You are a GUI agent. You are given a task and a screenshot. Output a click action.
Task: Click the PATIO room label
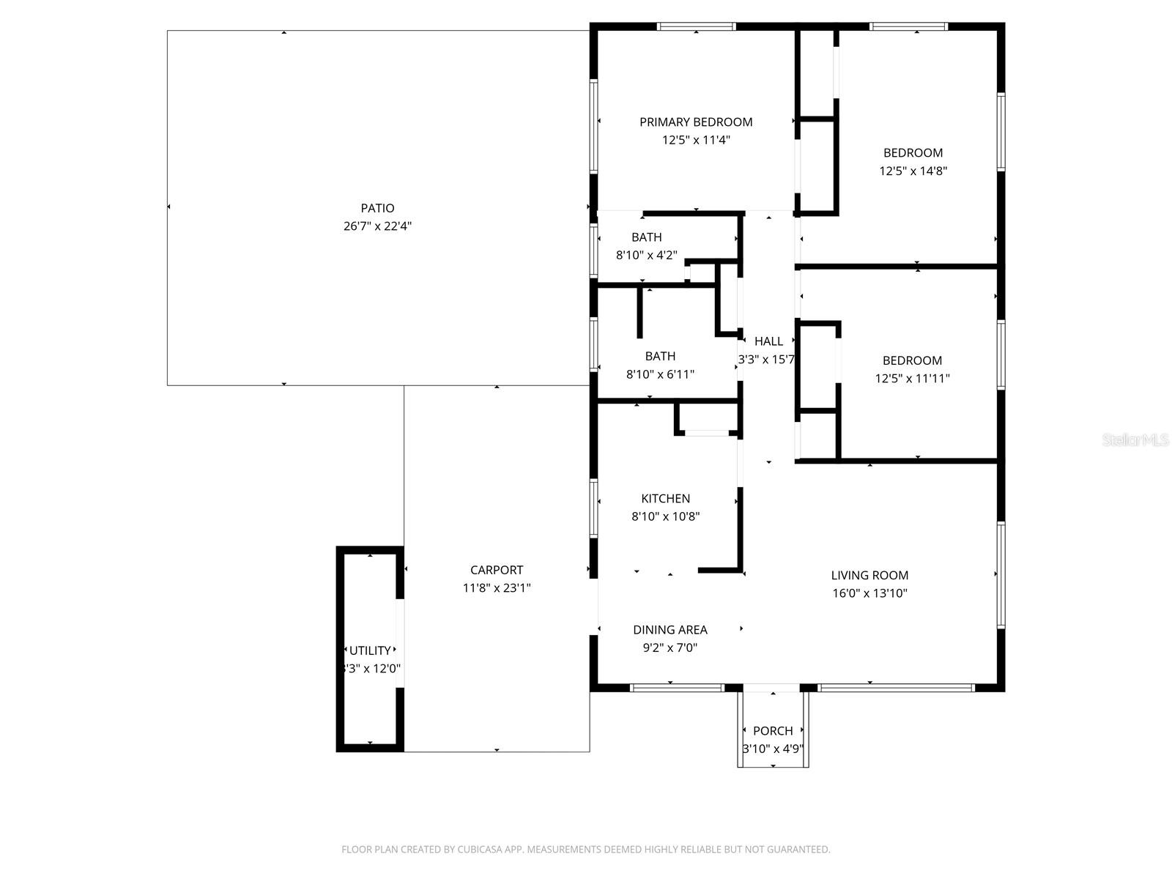click(377, 208)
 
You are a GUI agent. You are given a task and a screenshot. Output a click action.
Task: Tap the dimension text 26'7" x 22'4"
click(377, 226)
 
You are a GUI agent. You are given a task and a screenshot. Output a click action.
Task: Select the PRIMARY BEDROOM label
click(696, 122)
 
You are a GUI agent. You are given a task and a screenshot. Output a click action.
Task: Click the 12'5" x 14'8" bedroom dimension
click(913, 171)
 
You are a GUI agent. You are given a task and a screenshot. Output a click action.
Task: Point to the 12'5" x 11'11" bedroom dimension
click(912, 379)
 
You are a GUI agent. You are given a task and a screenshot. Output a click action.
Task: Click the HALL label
click(768, 341)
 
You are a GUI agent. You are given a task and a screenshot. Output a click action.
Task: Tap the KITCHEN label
click(665, 499)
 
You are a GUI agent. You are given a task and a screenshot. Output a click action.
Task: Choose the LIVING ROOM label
click(869, 576)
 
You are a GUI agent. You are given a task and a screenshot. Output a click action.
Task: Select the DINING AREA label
click(670, 630)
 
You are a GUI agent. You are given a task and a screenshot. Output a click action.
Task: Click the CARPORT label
click(497, 570)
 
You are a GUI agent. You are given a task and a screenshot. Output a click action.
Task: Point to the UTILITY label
click(370, 650)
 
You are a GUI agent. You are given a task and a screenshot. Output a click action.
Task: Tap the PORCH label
click(773, 731)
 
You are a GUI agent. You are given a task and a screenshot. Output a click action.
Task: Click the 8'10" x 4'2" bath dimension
click(646, 256)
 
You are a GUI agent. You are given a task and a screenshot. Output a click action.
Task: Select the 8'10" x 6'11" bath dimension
click(660, 374)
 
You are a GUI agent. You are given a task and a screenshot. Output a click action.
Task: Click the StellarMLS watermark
click(1136, 440)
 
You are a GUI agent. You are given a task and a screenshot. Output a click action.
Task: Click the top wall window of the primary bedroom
click(696, 27)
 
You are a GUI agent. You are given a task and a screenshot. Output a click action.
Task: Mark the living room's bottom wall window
click(896, 687)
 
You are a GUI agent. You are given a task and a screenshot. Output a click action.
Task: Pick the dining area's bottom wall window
click(677, 687)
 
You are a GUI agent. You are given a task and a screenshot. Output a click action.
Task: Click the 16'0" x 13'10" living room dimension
click(869, 594)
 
